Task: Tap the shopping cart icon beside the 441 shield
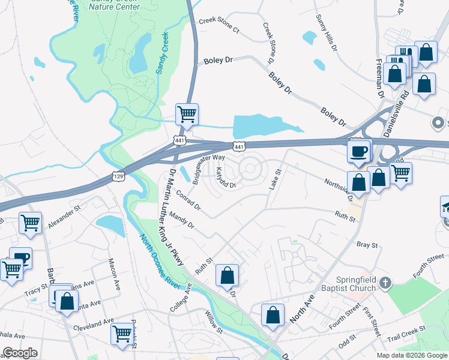coord(187,114)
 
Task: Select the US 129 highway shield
coord(118,175)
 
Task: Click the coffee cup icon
coord(360,151)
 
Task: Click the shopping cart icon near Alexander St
coord(30,223)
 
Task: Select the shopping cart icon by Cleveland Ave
coord(122,333)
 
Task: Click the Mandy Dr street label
coord(182,220)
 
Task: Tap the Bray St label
coord(367,245)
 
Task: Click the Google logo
coord(19,353)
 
